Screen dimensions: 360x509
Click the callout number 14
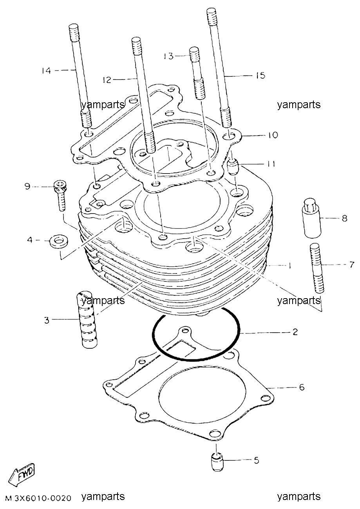click(x=46, y=71)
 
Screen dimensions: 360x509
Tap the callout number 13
click(x=169, y=56)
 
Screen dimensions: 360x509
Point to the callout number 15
click(x=261, y=75)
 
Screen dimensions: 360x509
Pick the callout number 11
click(x=270, y=164)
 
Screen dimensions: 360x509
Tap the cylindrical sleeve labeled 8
click(x=311, y=218)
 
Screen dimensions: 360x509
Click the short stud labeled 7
click(x=317, y=268)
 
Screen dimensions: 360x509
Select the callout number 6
click(x=302, y=387)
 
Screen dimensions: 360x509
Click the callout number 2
click(x=295, y=332)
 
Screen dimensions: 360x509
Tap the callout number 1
click(x=289, y=266)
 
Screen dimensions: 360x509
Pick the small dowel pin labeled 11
click(x=233, y=167)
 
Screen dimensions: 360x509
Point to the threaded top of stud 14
click(x=74, y=33)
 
